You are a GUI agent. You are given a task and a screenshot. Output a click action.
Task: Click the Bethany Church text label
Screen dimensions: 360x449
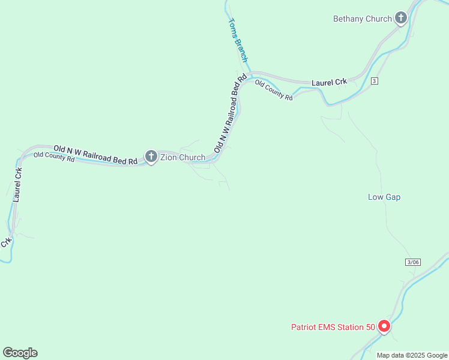[x=362, y=19]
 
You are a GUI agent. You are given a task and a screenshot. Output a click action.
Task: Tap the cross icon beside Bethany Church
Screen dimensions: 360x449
[x=401, y=19]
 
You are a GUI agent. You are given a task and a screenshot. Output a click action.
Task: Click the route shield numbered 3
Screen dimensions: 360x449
[x=374, y=81]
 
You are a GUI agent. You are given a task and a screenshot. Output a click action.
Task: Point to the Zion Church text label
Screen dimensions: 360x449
[x=182, y=158]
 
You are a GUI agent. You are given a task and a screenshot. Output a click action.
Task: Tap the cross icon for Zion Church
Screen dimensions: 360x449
[x=151, y=157]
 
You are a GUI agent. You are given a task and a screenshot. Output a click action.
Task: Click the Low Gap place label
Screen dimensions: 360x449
[x=384, y=197]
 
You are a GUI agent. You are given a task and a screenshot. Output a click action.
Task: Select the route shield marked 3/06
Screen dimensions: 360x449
[x=412, y=262]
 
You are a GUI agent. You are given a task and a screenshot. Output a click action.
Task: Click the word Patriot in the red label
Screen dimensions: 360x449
[x=305, y=327]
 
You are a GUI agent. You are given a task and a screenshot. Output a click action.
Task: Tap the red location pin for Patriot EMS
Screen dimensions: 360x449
[x=384, y=326]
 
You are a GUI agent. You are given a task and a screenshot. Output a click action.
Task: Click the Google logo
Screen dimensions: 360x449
[x=20, y=353]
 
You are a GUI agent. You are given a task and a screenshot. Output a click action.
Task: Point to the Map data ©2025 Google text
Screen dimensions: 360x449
[x=412, y=355]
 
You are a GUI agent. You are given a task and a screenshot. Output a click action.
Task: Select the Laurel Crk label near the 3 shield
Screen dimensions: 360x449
[x=330, y=82]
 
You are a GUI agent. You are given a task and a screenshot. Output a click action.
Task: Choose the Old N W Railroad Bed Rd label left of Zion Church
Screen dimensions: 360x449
[x=95, y=154]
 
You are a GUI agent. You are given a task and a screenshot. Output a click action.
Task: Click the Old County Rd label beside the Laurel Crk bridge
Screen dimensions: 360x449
[x=274, y=89]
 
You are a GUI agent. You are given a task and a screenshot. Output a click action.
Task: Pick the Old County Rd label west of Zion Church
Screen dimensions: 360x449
[x=54, y=157]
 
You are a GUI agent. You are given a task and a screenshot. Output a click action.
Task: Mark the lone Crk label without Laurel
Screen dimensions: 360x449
[x=6, y=242]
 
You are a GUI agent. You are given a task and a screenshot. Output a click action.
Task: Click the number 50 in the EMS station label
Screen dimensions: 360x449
[x=370, y=327]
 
